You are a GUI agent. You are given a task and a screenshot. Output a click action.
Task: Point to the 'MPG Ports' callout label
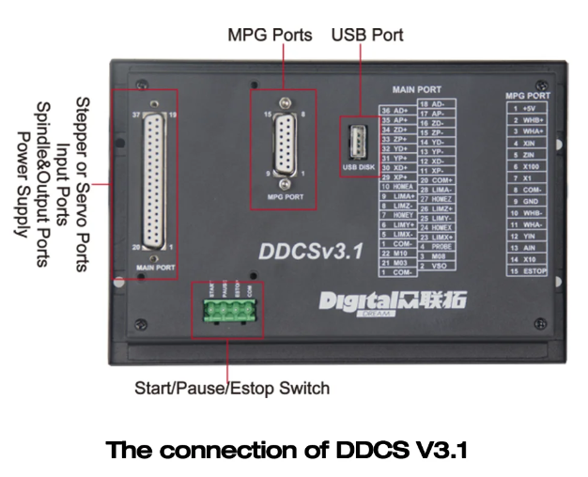click(x=270, y=36)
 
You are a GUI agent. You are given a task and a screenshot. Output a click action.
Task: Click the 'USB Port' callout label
click(x=367, y=36)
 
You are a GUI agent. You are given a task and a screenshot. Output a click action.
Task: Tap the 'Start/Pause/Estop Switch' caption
click(x=229, y=387)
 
